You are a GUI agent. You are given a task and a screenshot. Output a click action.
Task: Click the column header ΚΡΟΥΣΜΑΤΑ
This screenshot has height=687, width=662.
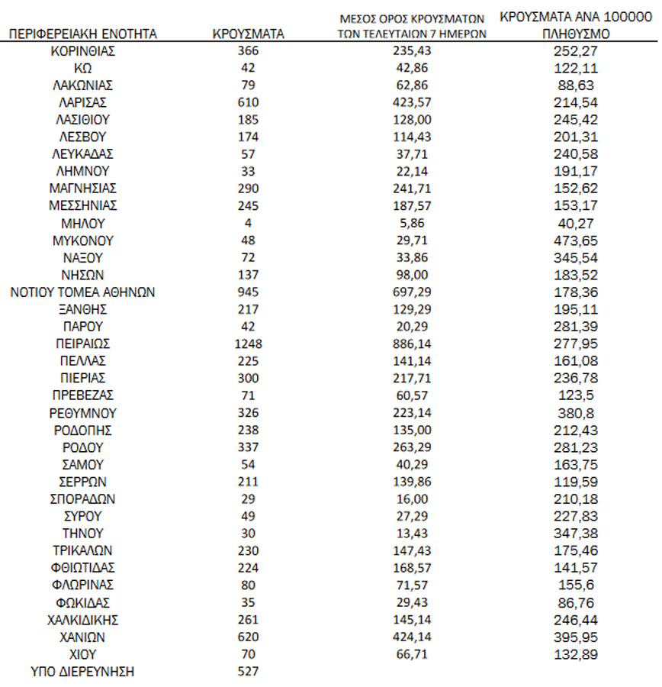tap(249, 34)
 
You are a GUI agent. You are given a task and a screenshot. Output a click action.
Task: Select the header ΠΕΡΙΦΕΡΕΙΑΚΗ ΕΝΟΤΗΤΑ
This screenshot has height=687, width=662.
tap(83, 34)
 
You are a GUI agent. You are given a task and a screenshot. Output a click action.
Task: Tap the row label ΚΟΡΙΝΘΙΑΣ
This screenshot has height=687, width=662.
tap(83, 51)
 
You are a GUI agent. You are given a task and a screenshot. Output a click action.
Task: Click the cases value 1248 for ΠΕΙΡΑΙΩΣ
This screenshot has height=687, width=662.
tap(249, 343)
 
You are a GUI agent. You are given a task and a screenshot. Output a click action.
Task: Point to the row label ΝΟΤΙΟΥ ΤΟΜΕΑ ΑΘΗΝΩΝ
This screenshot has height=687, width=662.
tap(83, 292)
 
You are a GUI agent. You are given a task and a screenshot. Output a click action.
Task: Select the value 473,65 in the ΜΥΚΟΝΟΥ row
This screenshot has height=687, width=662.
tap(575, 240)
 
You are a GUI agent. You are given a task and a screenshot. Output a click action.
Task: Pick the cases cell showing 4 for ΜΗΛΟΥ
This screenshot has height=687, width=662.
tap(249, 223)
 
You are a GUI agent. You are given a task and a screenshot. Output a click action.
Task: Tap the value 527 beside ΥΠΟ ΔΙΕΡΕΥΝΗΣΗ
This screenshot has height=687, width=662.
tap(249, 671)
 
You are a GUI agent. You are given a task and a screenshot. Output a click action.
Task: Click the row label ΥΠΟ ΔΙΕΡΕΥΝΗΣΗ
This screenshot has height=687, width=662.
tap(83, 671)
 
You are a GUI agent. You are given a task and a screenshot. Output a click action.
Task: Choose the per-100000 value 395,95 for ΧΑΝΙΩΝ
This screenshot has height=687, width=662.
tap(575, 637)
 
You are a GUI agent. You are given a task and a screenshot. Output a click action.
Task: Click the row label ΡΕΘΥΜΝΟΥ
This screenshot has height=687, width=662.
tap(83, 413)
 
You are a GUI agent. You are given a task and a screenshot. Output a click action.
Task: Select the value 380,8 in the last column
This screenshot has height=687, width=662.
tap(575, 413)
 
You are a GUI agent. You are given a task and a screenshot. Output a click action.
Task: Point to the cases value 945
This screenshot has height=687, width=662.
tap(249, 292)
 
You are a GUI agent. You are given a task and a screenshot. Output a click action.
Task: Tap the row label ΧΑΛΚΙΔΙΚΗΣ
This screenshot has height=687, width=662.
tap(83, 620)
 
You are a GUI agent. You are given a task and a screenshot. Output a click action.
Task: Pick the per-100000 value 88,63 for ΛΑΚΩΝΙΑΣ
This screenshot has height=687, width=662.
tap(575, 85)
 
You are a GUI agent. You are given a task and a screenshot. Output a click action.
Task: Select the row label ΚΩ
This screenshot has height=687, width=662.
tap(83, 68)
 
